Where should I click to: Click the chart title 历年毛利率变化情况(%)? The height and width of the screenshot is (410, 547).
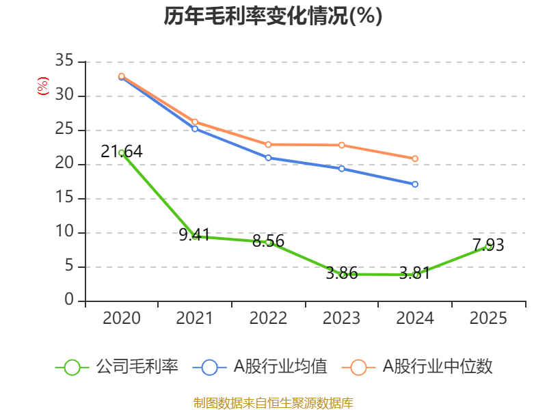point(273,16)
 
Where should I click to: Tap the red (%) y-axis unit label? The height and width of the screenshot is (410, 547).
point(43,86)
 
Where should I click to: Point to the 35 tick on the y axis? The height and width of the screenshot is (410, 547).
point(64,60)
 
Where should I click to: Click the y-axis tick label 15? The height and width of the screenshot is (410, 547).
point(64,197)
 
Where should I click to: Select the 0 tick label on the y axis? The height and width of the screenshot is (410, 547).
point(69,299)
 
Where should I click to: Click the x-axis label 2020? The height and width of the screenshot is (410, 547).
point(122,318)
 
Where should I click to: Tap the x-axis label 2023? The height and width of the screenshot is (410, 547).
point(341,318)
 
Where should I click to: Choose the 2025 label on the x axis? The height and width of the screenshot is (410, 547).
point(488,318)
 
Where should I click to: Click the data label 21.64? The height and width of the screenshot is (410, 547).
point(122,152)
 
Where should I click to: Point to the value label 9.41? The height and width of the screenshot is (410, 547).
point(194,234)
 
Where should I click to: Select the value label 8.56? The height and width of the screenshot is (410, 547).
point(268,241)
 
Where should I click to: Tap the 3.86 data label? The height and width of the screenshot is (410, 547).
point(342,273)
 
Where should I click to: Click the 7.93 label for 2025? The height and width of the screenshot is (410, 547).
point(488,245)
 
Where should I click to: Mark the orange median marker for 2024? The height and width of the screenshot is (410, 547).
point(415,159)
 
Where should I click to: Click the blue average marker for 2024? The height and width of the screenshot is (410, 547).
point(415,184)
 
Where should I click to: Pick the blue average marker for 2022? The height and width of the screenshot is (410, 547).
point(268,158)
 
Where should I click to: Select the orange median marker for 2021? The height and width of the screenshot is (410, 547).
point(195,122)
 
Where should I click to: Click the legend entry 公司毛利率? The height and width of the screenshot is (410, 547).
point(117,367)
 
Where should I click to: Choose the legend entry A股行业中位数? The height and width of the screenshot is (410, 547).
point(417,367)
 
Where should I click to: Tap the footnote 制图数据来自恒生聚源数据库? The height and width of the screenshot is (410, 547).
point(273,403)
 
